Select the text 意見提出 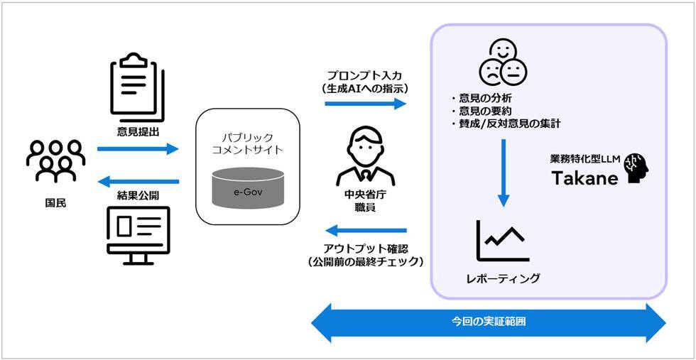pyautogui.click(x=138, y=131)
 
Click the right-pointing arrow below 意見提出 pyautogui.click(x=138, y=149)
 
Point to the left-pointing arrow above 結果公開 pyautogui.click(x=138, y=181)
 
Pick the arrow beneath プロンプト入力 pyautogui.click(x=365, y=104)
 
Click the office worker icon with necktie pyautogui.click(x=365, y=156)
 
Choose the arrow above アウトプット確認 pyautogui.click(x=365, y=230)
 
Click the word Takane pyautogui.click(x=583, y=178)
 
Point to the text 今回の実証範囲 pyautogui.click(x=489, y=321)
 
